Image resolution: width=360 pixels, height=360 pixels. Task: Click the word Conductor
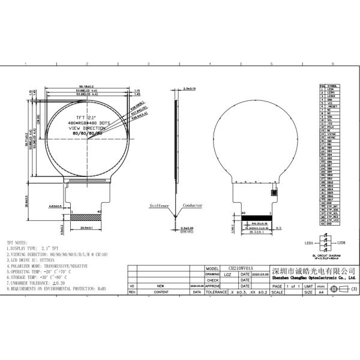[193, 205]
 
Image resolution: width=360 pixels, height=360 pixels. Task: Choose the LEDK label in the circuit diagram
[341, 243]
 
